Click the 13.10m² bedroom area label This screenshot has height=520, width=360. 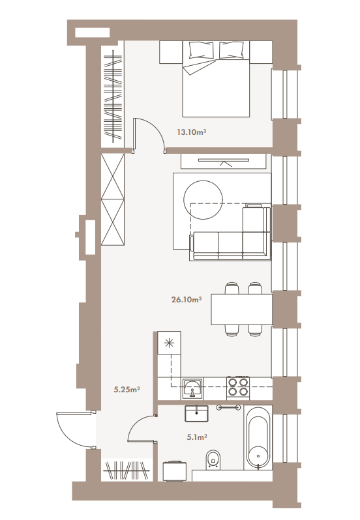(x=192, y=132)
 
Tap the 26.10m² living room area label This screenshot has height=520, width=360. (x=187, y=300)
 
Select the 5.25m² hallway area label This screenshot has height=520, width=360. (x=127, y=389)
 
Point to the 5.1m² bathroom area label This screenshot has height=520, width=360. (x=197, y=437)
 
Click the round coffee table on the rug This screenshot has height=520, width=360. (x=203, y=199)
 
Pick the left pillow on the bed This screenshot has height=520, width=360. (x=201, y=50)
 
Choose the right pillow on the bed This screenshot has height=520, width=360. (x=232, y=50)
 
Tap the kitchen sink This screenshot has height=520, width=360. (x=192, y=388)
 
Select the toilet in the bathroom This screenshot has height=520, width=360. (x=213, y=460)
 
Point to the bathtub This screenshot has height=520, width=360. (x=259, y=437)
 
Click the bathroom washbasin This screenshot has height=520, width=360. (x=196, y=413)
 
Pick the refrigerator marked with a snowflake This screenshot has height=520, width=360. (x=169, y=343)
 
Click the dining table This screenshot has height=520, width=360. (x=242, y=309)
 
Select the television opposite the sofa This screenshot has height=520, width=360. (x=224, y=160)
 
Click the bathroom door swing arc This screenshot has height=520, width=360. (x=137, y=424)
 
